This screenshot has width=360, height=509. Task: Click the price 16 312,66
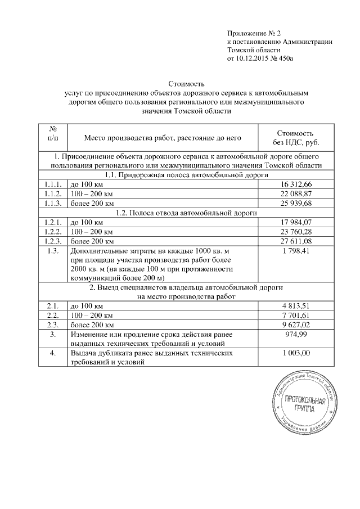(x=295, y=184)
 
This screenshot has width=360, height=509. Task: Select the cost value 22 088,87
(x=295, y=193)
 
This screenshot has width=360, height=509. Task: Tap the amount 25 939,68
(x=295, y=202)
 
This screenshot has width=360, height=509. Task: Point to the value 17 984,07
(x=295, y=223)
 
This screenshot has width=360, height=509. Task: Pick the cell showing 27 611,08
(x=295, y=241)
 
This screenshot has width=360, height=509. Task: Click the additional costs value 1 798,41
(x=295, y=250)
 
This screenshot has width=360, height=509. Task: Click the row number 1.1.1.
(x=52, y=184)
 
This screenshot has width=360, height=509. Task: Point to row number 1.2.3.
(x=52, y=241)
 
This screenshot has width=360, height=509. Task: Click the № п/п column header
(x=52, y=132)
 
